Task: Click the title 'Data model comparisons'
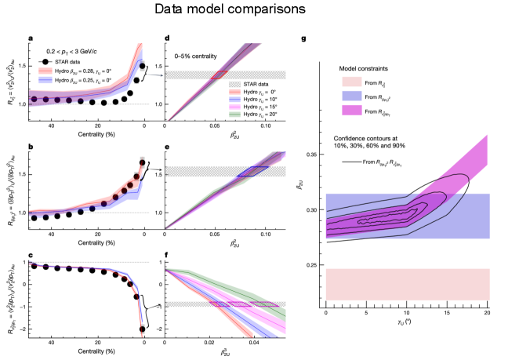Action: coord(253,11)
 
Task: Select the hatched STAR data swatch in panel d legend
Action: coord(234,83)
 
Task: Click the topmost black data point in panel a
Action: coord(143,66)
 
